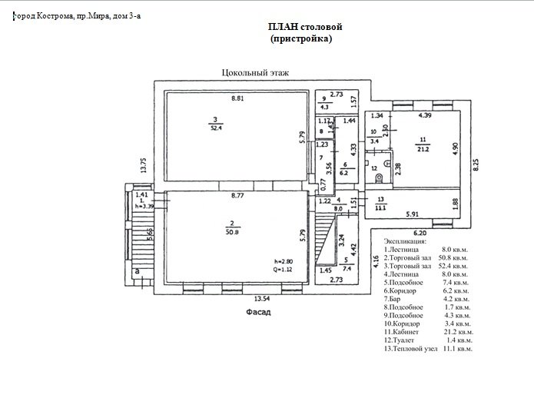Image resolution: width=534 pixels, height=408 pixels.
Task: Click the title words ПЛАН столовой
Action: [305, 27]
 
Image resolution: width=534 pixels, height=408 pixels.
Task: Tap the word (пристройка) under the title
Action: [301, 38]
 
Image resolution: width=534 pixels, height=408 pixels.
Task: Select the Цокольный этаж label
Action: [249, 73]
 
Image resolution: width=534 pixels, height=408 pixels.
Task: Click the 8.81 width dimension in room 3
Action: [239, 98]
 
